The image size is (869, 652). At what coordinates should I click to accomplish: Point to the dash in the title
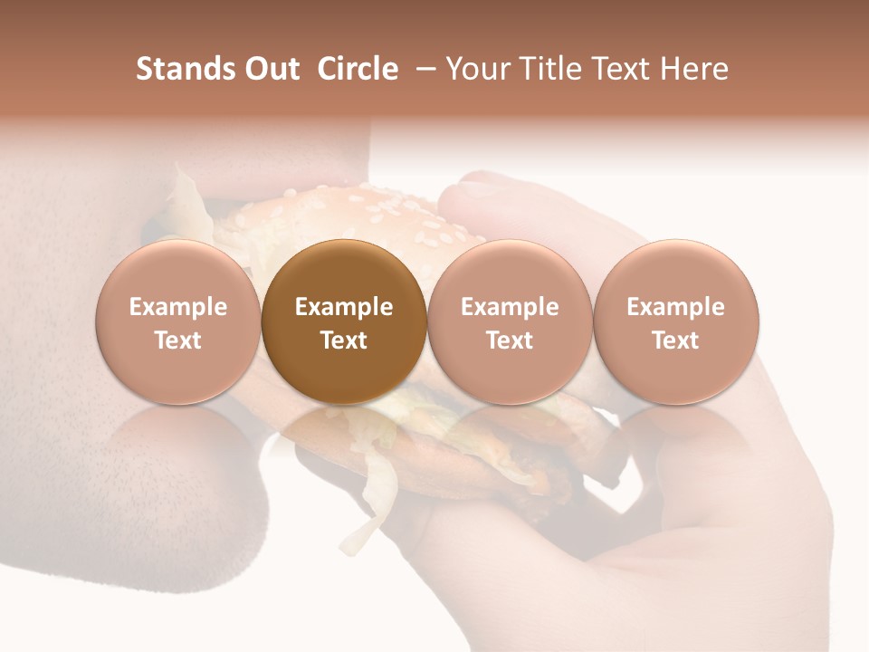coord(423,69)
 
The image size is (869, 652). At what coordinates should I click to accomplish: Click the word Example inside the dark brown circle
coord(343,307)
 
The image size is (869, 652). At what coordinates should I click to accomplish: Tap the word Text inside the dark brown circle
coord(343,340)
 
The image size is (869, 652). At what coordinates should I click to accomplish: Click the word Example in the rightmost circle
coord(675,307)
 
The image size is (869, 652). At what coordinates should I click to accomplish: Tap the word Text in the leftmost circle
coord(177,340)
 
